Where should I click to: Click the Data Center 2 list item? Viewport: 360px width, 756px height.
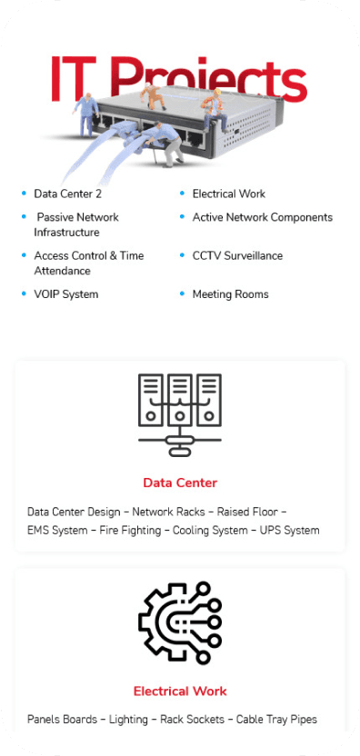tap(67, 194)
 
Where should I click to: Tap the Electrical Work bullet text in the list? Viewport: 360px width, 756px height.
tap(228, 194)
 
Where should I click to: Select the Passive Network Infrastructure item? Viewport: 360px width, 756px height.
tap(76, 224)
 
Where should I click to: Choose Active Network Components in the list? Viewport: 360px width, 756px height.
tap(262, 217)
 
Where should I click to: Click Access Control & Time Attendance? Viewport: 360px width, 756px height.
tap(88, 263)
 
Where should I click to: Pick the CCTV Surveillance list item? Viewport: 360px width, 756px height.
tap(237, 255)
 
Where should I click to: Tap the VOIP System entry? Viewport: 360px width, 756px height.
tap(65, 294)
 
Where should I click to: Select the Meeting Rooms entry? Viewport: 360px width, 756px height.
tap(230, 294)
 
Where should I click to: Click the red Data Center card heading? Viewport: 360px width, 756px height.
tap(180, 482)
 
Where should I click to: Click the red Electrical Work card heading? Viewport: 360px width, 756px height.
tap(180, 691)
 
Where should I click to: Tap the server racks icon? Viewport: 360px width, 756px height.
tap(180, 414)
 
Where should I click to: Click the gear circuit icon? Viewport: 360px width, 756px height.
tap(180, 623)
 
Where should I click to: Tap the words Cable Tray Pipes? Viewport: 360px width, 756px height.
tap(276, 720)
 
